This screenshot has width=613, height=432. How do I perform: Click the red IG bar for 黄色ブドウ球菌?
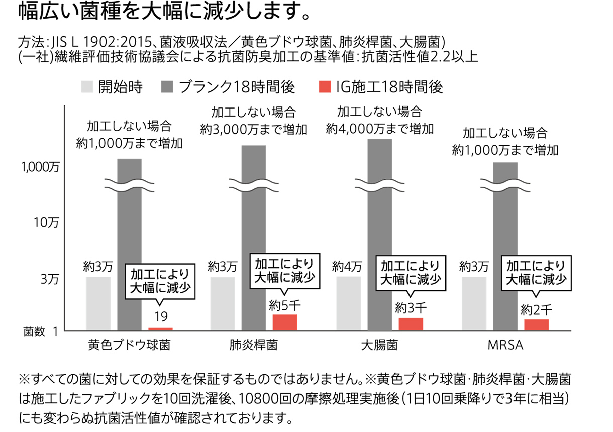[161, 329]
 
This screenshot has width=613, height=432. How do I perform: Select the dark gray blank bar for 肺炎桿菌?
[254, 236]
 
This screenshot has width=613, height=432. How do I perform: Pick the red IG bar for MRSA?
[536, 325]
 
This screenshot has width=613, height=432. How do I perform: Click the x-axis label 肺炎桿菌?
[253, 345]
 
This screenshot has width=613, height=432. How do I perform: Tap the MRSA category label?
[505, 345]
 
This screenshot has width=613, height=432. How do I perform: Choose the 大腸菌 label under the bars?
[379, 345]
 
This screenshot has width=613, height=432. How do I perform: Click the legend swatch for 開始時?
[87, 88]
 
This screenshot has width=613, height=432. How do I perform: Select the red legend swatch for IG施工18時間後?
[325, 88]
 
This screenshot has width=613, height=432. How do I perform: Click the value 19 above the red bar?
[161, 316]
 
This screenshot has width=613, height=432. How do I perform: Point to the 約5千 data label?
[284, 305]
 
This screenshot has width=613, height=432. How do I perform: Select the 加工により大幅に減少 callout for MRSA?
[536, 271]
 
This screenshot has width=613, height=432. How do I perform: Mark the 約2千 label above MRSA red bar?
[536, 309]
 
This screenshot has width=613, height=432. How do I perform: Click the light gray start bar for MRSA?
[474, 303]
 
